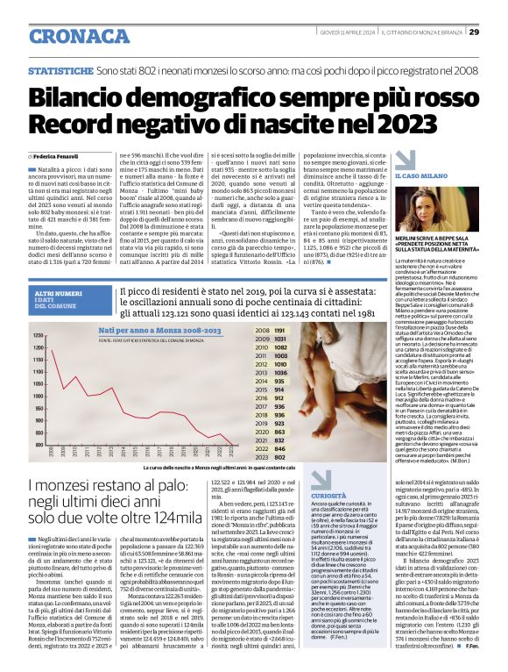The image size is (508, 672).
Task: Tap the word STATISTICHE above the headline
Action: pos(60,68)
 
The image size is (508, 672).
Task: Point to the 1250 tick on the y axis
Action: pos(39,336)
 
